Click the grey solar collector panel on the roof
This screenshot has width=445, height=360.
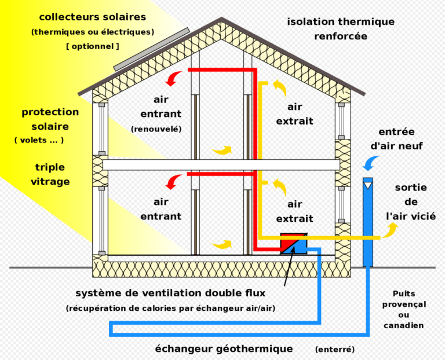152,49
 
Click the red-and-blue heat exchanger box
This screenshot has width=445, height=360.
294,244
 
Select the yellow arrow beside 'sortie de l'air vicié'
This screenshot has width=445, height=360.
390,230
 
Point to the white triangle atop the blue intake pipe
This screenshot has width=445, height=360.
368,186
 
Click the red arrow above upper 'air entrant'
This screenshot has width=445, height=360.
173,79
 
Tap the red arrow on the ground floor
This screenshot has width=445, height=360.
173,182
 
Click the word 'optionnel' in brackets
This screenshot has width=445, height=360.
93,46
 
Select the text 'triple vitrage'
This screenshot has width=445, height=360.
50,174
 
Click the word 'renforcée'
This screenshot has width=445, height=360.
341,36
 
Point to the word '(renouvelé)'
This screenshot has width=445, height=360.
156,129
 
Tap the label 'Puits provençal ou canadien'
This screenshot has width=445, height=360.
404,310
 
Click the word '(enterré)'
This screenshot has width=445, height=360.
335,349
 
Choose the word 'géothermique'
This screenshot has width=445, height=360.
254,349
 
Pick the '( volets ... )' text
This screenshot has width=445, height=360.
39,140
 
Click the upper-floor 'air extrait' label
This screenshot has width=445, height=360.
294,114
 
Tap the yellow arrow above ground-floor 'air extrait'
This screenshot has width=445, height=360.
280,187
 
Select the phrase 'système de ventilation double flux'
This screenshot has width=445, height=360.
170,293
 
